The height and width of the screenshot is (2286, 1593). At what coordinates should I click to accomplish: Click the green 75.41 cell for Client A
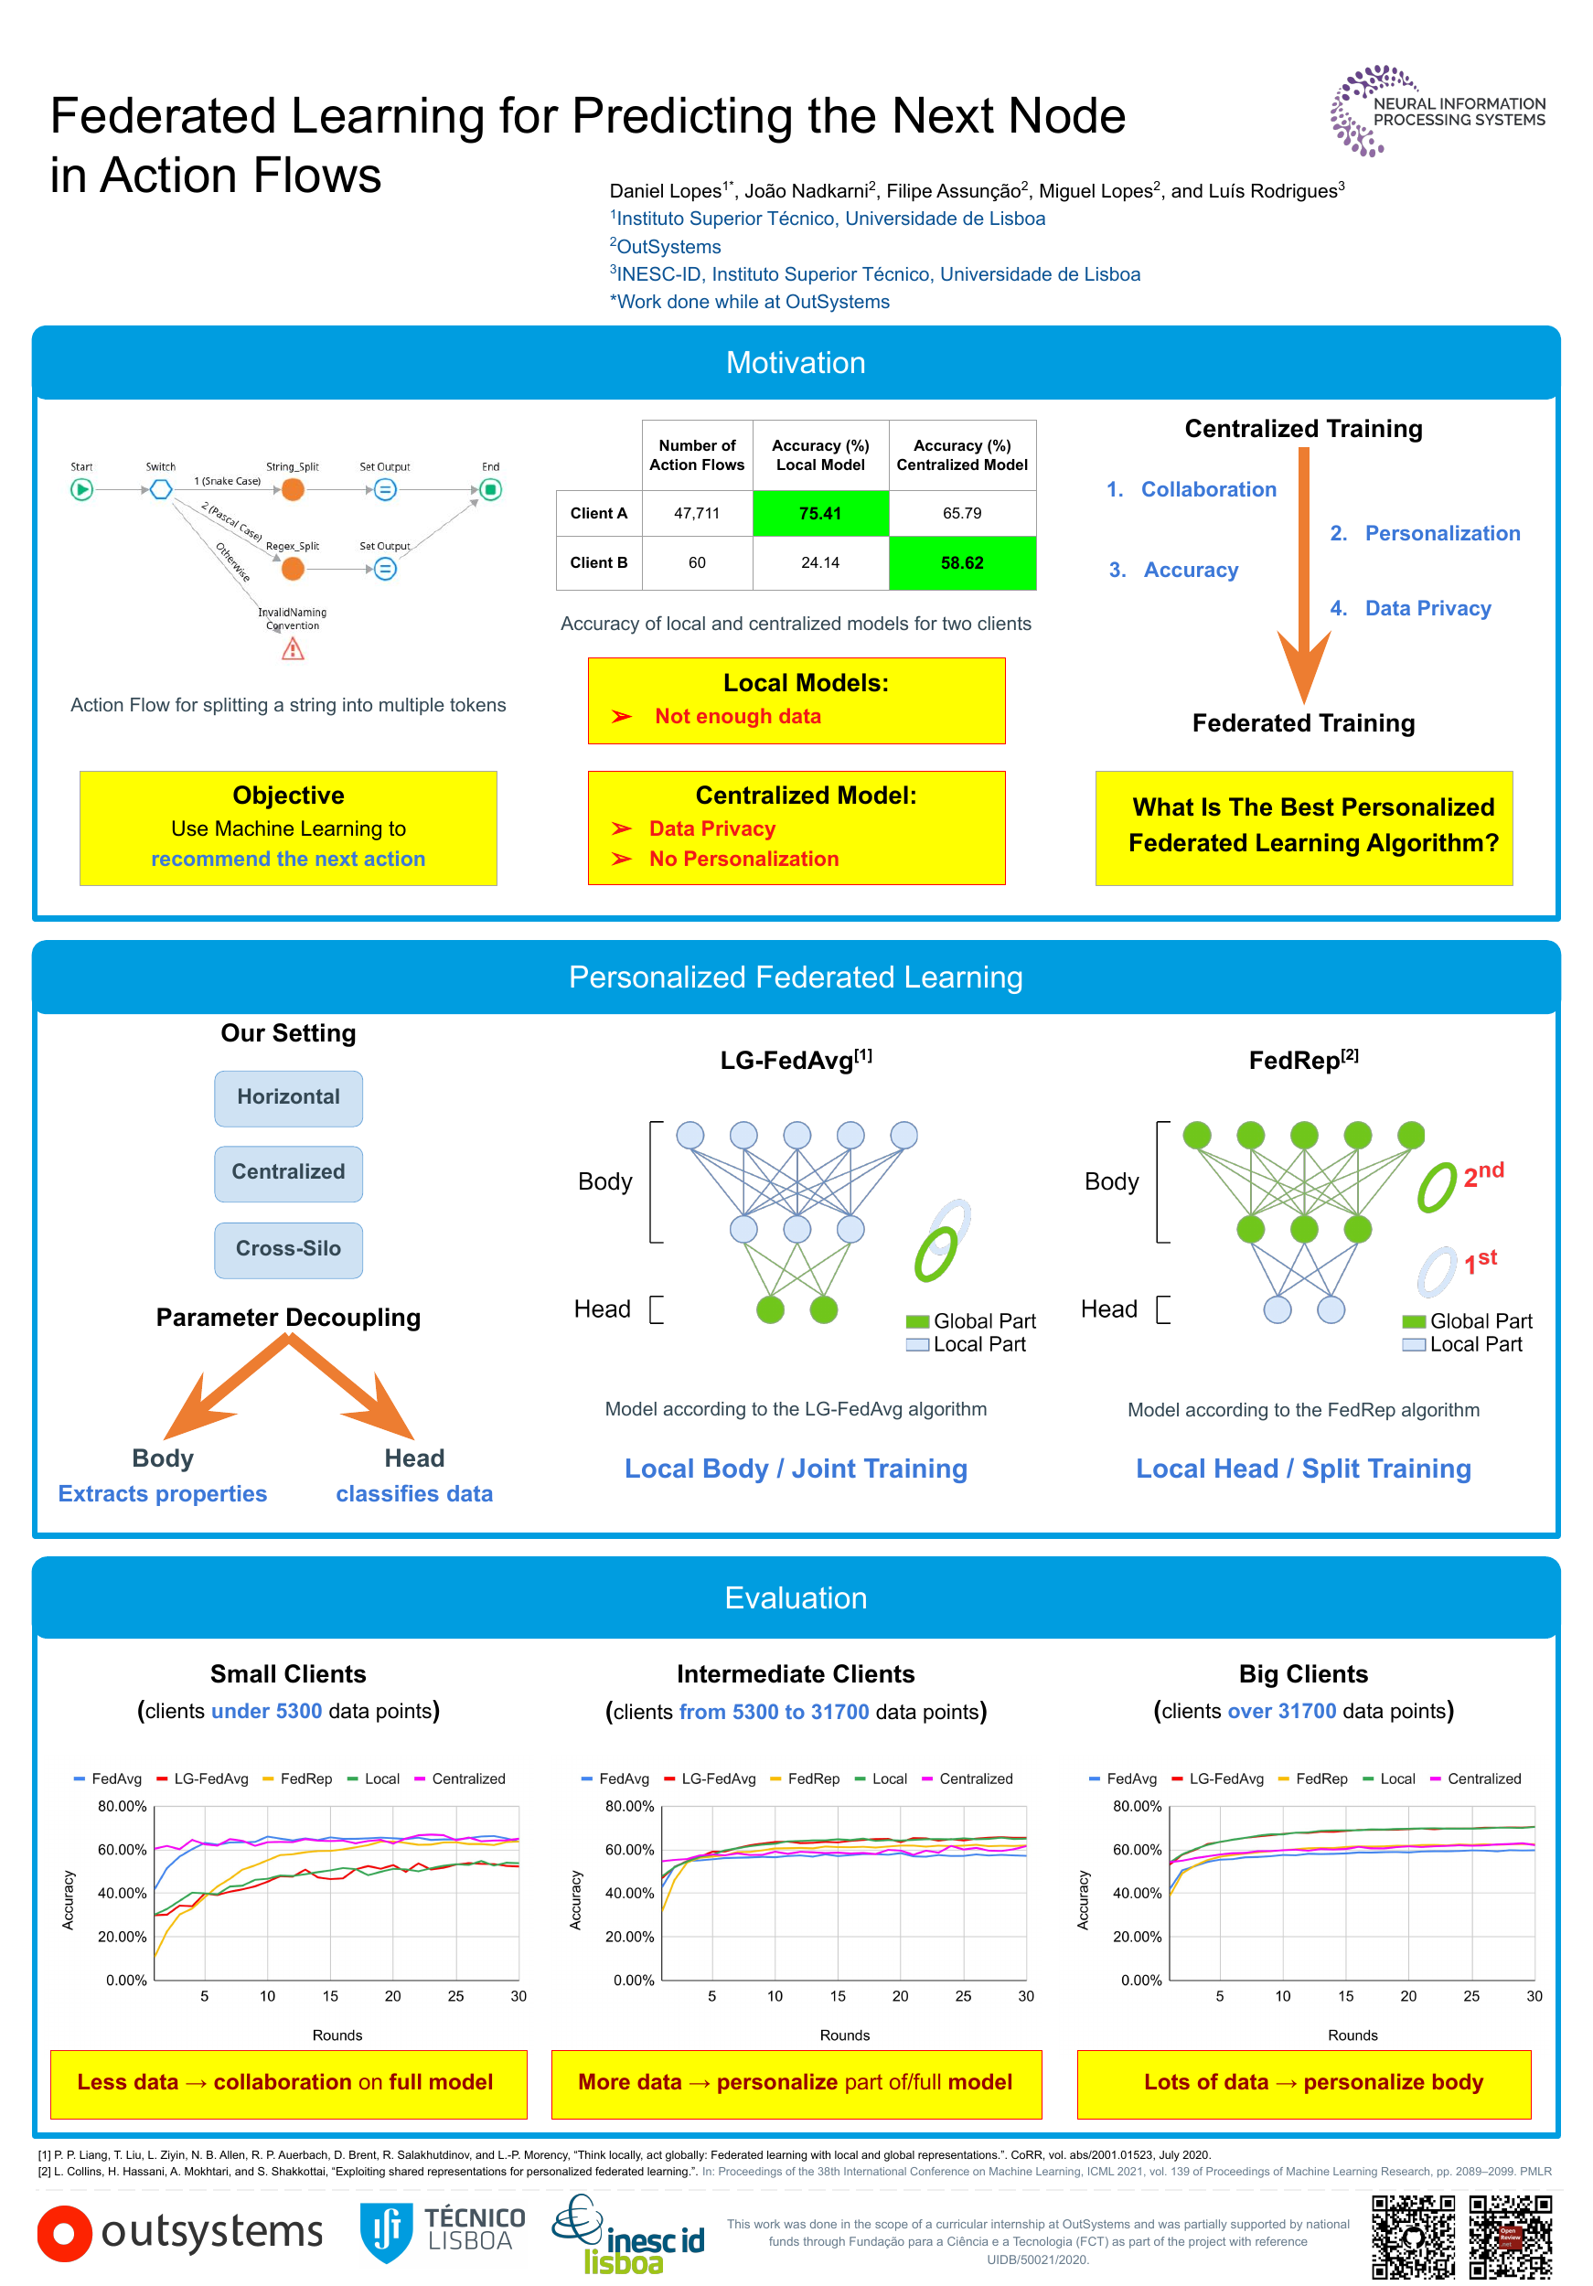click(x=819, y=513)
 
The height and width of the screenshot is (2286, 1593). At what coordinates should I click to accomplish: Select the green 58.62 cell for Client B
click(x=961, y=562)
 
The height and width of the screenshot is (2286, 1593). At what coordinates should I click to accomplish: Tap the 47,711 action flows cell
click(x=696, y=513)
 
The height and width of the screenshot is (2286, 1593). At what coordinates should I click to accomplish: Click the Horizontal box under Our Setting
click(x=288, y=1097)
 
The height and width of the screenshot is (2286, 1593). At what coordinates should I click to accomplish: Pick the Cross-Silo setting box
click(x=288, y=1248)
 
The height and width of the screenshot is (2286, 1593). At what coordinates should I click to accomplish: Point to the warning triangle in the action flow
click(x=292, y=649)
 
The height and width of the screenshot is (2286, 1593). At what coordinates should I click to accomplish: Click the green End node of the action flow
click(x=490, y=489)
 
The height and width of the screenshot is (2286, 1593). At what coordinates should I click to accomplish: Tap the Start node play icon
click(x=81, y=489)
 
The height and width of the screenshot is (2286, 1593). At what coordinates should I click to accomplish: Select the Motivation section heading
click(x=795, y=362)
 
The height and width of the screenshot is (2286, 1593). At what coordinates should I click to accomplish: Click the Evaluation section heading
click(x=795, y=1597)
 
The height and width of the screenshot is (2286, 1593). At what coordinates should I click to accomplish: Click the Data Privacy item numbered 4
click(x=1427, y=608)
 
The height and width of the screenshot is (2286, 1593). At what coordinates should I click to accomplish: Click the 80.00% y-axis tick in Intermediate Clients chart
click(x=629, y=1806)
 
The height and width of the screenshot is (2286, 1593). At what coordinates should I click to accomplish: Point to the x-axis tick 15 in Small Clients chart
click(x=329, y=1995)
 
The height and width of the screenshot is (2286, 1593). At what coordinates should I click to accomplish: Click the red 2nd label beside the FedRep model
click(x=1482, y=1174)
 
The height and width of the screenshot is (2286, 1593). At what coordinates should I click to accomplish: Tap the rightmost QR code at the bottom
click(x=1510, y=2237)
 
